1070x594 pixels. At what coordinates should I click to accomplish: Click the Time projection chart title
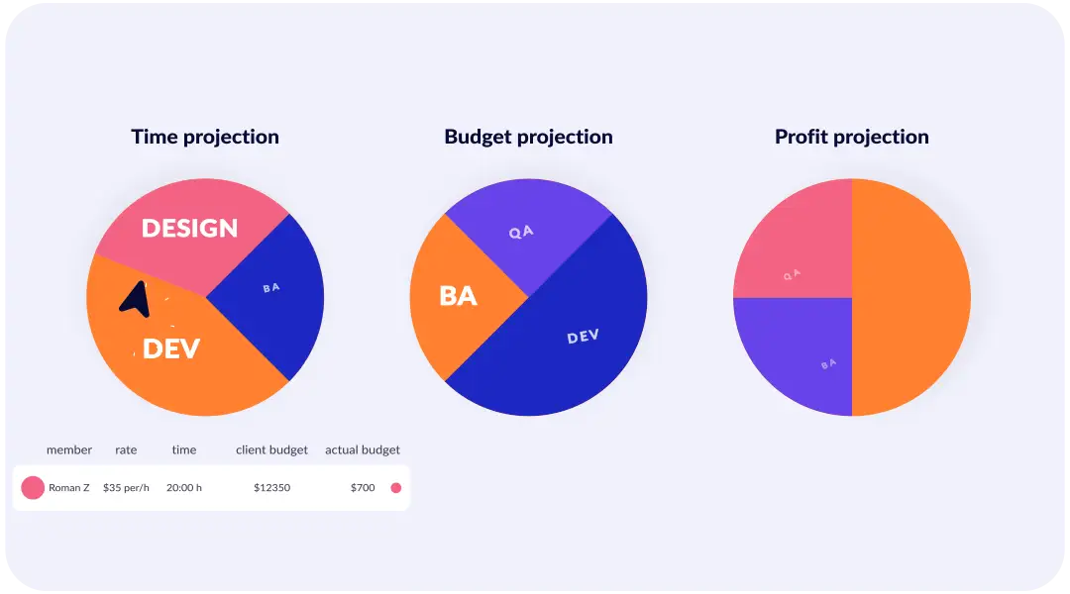[x=205, y=137]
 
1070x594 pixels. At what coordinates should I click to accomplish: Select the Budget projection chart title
[x=528, y=137]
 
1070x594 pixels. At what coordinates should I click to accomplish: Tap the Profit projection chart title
[x=851, y=137]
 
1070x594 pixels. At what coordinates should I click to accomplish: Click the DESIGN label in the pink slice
[x=189, y=229]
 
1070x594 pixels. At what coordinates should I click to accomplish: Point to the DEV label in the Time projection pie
[x=170, y=348]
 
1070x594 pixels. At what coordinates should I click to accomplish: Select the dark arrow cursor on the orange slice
[x=136, y=299]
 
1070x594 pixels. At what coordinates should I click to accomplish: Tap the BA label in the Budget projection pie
[x=458, y=295]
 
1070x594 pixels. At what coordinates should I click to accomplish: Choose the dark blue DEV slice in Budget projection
[x=575, y=346]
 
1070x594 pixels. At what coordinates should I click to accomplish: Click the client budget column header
[x=271, y=449]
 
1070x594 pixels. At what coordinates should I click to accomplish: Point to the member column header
[x=69, y=449]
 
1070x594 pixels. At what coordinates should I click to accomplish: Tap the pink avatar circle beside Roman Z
[x=33, y=487]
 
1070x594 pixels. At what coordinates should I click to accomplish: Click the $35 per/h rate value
[x=126, y=487]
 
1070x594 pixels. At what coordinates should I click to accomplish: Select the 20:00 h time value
[x=184, y=487]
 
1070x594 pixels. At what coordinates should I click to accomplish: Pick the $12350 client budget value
[x=271, y=487]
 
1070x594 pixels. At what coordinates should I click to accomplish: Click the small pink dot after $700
[x=396, y=487]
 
